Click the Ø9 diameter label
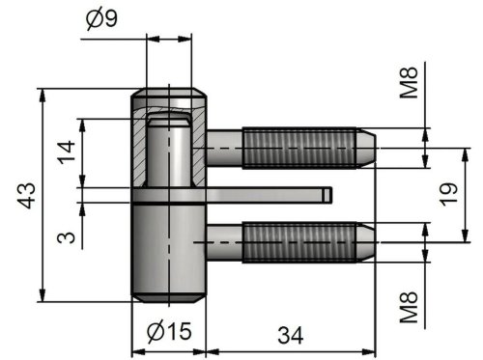102,19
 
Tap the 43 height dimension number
27,196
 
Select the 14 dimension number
67,152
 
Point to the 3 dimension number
66,237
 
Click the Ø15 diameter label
169,331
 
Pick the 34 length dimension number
291,335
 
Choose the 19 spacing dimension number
448,195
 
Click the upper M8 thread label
409,83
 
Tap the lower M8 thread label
409,307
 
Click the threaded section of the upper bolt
299,148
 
